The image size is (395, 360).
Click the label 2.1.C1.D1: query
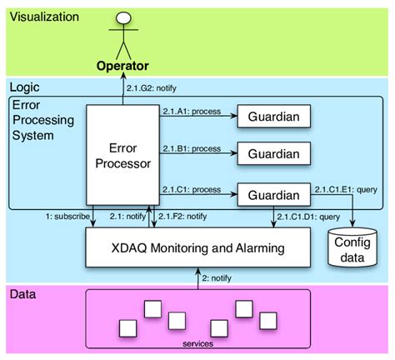309,217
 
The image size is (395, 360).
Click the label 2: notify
217,278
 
